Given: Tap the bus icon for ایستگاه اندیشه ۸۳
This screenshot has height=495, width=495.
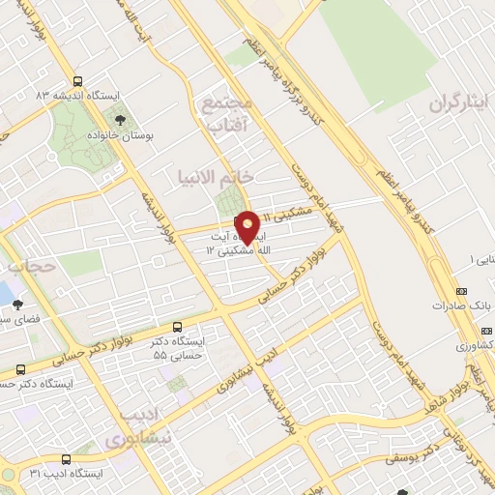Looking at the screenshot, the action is click(77, 81).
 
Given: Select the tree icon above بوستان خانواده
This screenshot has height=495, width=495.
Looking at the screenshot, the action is click(120, 121).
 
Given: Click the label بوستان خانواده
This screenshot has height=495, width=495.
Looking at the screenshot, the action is click(137, 137).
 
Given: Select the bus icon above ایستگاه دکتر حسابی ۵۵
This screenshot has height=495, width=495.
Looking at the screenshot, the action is click(176, 328).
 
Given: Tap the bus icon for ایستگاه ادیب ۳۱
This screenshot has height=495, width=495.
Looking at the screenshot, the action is click(66, 458).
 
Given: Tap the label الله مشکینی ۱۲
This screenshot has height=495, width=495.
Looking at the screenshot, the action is click(232, 249).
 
